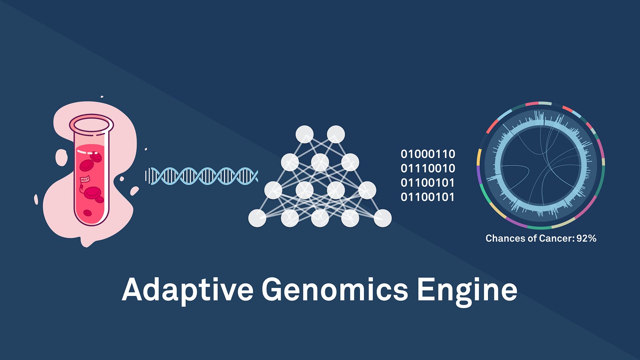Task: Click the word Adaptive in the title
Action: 188,290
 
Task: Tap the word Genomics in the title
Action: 334,290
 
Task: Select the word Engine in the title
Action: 467,290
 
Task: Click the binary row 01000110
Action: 428,154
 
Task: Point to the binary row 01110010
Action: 428,168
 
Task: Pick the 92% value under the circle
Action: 586,238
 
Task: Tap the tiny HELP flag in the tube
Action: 85,179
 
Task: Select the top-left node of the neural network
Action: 304,134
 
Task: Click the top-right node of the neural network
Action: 336,134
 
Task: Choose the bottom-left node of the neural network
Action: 257,218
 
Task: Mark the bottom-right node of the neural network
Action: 382,218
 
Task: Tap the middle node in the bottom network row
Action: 320,218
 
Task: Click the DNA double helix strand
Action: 202,176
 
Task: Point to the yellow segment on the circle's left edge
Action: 478,157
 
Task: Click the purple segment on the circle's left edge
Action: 478,174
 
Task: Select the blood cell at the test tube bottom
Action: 87,213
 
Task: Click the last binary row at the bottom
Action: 428,197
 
